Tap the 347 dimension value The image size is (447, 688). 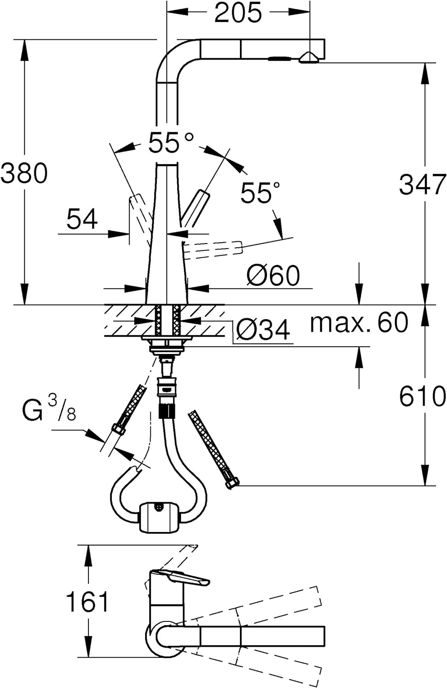pos(422,184)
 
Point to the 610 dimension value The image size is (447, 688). pos(422,396)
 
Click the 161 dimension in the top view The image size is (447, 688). pos(87,602)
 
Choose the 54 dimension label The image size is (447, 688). pos(82,219)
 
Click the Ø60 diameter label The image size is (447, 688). pos(273,275)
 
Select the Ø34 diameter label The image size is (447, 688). pos(263,330)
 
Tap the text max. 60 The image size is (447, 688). pos(359,322)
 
